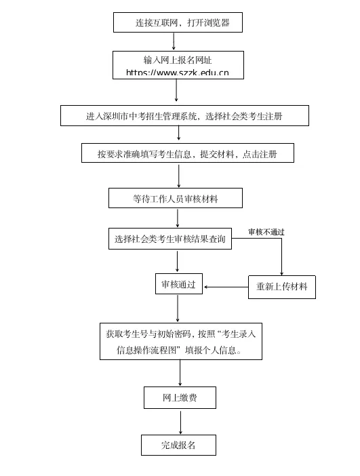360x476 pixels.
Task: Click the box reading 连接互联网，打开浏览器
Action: click(x=178, y=22)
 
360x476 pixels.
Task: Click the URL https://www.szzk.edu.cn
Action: click(x=177, y=73)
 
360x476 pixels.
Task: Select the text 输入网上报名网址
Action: click(x=177, y=60)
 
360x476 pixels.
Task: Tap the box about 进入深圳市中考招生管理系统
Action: click(x=184, y=116)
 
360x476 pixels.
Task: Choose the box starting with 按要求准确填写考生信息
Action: click(x=188, y=153)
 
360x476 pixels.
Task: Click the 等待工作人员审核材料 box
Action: click(x=175, y=198)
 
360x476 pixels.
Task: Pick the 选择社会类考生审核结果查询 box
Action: click(x=169, y=239)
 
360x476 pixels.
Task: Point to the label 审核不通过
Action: click(x=266, y=232)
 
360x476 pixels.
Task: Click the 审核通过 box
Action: click(x=178, y=284)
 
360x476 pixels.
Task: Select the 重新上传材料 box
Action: click(x=281, y=287)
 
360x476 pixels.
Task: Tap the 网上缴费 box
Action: click(x=180, y=397)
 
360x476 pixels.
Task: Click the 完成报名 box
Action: click(x=178, y=445)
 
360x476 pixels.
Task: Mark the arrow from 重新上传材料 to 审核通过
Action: click(x=226, y=287)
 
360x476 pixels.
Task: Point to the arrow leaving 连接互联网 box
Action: click(x=174, y=41)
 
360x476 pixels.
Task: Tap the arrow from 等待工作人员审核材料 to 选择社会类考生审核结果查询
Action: click(x=178, y=218)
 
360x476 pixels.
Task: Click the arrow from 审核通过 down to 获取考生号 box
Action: click(x=178, y=309)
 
